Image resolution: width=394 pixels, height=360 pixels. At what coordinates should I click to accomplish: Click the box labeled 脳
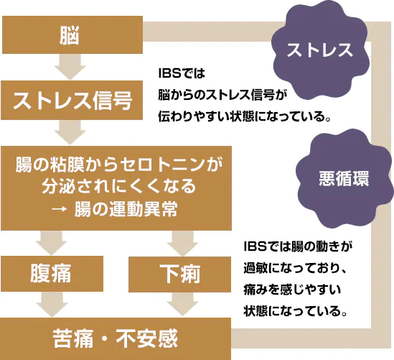coord(72,34)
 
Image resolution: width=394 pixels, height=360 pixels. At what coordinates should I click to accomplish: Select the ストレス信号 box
coord(72,100)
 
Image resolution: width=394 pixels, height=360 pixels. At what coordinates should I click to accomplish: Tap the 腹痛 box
coord(52,274)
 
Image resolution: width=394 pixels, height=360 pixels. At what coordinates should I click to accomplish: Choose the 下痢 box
coord(179,274)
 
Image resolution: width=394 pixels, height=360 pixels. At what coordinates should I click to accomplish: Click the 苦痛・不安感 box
coord(116,338)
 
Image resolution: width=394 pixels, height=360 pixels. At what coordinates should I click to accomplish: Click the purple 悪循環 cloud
coord(344,178)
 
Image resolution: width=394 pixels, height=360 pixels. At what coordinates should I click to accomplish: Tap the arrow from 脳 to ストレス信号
coord(70,67)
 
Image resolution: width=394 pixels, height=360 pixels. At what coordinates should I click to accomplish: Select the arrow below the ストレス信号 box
coord(70,132)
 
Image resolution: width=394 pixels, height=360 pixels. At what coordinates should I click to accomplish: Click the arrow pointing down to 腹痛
coord(51,243)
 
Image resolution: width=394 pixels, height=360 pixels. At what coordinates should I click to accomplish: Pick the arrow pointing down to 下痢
coord(182,244)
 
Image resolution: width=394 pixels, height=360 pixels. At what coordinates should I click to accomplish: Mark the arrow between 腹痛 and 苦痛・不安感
coord(52,305)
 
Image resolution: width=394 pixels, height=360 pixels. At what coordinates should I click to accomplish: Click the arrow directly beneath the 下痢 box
coord(183,304)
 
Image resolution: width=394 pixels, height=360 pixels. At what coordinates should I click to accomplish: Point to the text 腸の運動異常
coord(126,209)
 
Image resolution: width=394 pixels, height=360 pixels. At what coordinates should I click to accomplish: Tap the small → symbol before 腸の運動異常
coord(59,209)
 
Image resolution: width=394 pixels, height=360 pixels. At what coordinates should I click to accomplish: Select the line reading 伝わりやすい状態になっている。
coord(244,116)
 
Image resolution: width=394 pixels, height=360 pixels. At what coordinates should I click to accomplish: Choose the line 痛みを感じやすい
coord(292,290)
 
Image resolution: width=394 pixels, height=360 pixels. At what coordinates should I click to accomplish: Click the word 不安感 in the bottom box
coord(146,338)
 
